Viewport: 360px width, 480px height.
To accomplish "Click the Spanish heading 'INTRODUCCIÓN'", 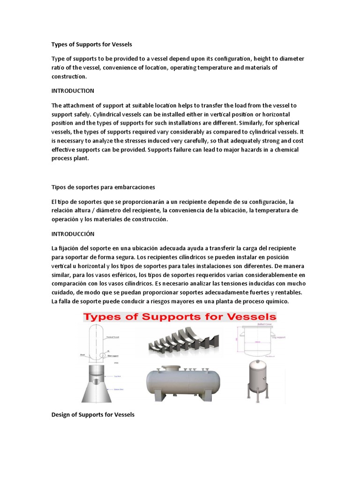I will pos(73,233).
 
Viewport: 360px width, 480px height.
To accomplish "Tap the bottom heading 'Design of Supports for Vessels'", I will pos(93,414).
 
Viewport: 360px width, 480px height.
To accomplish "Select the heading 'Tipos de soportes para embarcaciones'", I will pos(103,187).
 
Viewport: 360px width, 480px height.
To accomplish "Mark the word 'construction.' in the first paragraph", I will pos(69,76).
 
